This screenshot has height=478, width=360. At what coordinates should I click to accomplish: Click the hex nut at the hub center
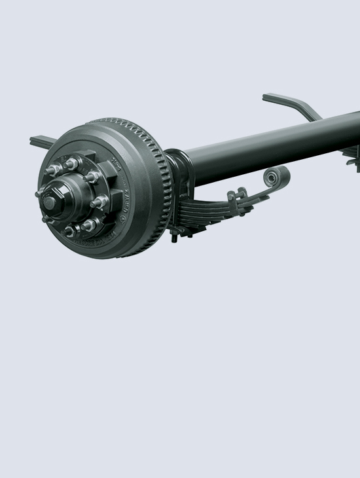coord(49,202)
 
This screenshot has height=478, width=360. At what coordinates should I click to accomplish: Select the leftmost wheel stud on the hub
coord(41,192)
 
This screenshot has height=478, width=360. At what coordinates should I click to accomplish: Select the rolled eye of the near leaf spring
coord(276,177)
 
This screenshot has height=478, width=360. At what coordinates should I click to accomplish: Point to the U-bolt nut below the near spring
coord(175,236)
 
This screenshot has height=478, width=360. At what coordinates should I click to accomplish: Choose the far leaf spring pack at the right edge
coord(351,155)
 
